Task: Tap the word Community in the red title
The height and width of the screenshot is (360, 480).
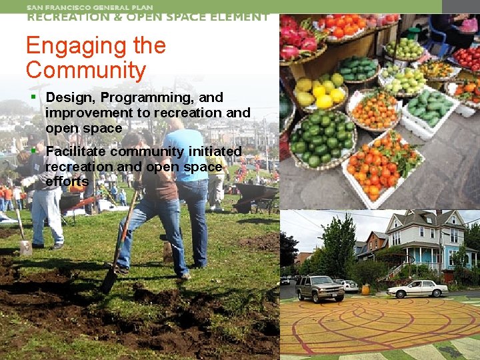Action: (x=85, y=71)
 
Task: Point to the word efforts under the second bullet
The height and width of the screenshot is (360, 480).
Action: (x=67, y=181)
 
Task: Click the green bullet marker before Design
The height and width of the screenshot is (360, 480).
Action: (x=33, y=98)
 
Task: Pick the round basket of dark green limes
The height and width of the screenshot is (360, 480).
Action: (x=322, y=138)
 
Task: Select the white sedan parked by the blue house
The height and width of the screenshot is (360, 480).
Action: (x=417, y=289)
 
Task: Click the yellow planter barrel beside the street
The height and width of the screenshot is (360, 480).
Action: (x=365, y=289)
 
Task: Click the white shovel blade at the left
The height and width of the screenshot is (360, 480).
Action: (x=25, y=247)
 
